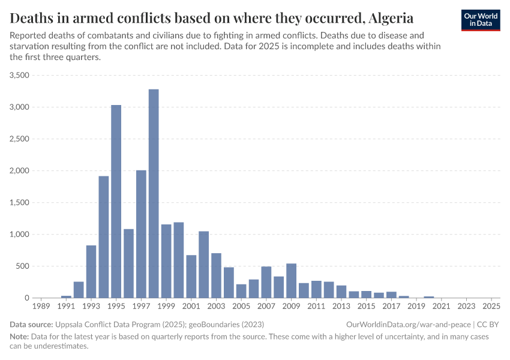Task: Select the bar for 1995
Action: click(116, 201)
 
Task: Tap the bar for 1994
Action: click(104, 236)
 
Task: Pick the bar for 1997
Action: click(141, 234)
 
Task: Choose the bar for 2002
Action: click(203, 265)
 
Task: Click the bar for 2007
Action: click(266, 282)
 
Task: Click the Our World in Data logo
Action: click(481, 20)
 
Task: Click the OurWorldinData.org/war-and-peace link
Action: click(409, 325)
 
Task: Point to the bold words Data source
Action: click(31, 325)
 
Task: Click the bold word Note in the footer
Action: click(20, 337)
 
